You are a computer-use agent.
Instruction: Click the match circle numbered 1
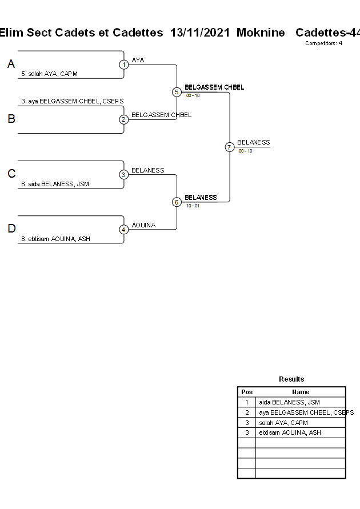tap(124, 65)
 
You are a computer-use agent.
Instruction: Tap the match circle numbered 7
tap(229, 147)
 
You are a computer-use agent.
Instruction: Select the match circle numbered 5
tap(177, 92)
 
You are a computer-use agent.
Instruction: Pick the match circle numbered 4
tap(124, 230)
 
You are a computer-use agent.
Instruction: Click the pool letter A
tap(11, 65)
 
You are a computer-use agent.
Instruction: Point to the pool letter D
tap(11, 229)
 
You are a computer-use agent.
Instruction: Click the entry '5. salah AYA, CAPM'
tap(49, 74)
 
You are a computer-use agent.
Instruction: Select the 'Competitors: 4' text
tap(323, 43)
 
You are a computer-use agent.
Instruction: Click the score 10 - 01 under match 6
tap(193, 206)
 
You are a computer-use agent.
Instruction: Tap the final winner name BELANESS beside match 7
tap(254, 142)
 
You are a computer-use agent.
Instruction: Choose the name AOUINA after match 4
tap(143, 225)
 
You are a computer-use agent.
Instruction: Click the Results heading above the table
tap(291, 379)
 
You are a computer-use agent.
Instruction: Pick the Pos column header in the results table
tap(247, 392)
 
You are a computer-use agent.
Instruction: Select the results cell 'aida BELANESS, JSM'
tap(289, 402)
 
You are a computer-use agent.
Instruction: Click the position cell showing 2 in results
tap(247, 412)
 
